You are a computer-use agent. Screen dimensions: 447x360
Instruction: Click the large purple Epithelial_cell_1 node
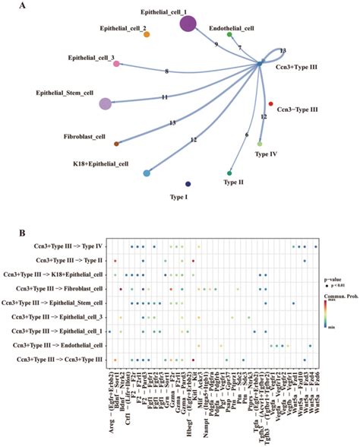[x=188, y=24]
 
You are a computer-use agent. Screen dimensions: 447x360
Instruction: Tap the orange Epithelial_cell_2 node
[x=147, y=34]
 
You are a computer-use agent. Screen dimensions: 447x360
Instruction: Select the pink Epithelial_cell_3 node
[x=116, y=65]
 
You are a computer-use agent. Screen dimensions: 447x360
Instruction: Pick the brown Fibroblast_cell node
[x=116, y=143]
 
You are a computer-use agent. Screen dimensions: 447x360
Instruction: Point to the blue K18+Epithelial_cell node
[x=147, y=173]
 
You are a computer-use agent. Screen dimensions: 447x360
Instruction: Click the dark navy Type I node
[x=188, y=184]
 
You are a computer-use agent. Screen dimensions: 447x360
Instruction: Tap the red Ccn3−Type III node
[x=271, y=103]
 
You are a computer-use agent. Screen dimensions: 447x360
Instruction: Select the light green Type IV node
[x=261, y=143]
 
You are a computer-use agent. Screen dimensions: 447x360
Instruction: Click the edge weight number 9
[x=216, y=45]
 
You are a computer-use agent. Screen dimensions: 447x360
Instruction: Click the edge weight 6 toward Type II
[x=246, y=135]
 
